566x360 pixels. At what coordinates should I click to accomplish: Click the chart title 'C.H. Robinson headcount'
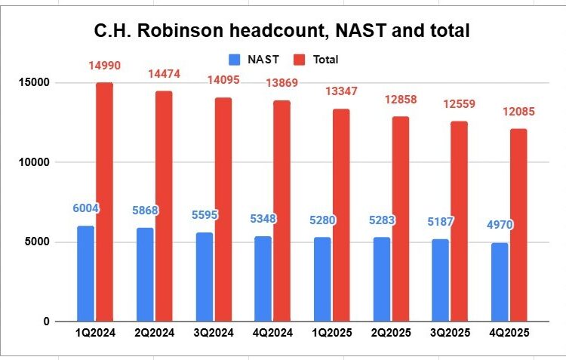(x=282, y=31)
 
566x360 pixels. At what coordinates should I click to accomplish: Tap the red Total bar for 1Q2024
(x=104, y=202)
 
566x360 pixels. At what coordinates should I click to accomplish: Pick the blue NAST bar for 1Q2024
(x=85, y=273)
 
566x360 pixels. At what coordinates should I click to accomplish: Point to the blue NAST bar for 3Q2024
(x=204, y=277)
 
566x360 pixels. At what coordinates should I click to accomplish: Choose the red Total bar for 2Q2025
(x=400, y=219)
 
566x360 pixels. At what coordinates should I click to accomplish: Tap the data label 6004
(x=86, y=208)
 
